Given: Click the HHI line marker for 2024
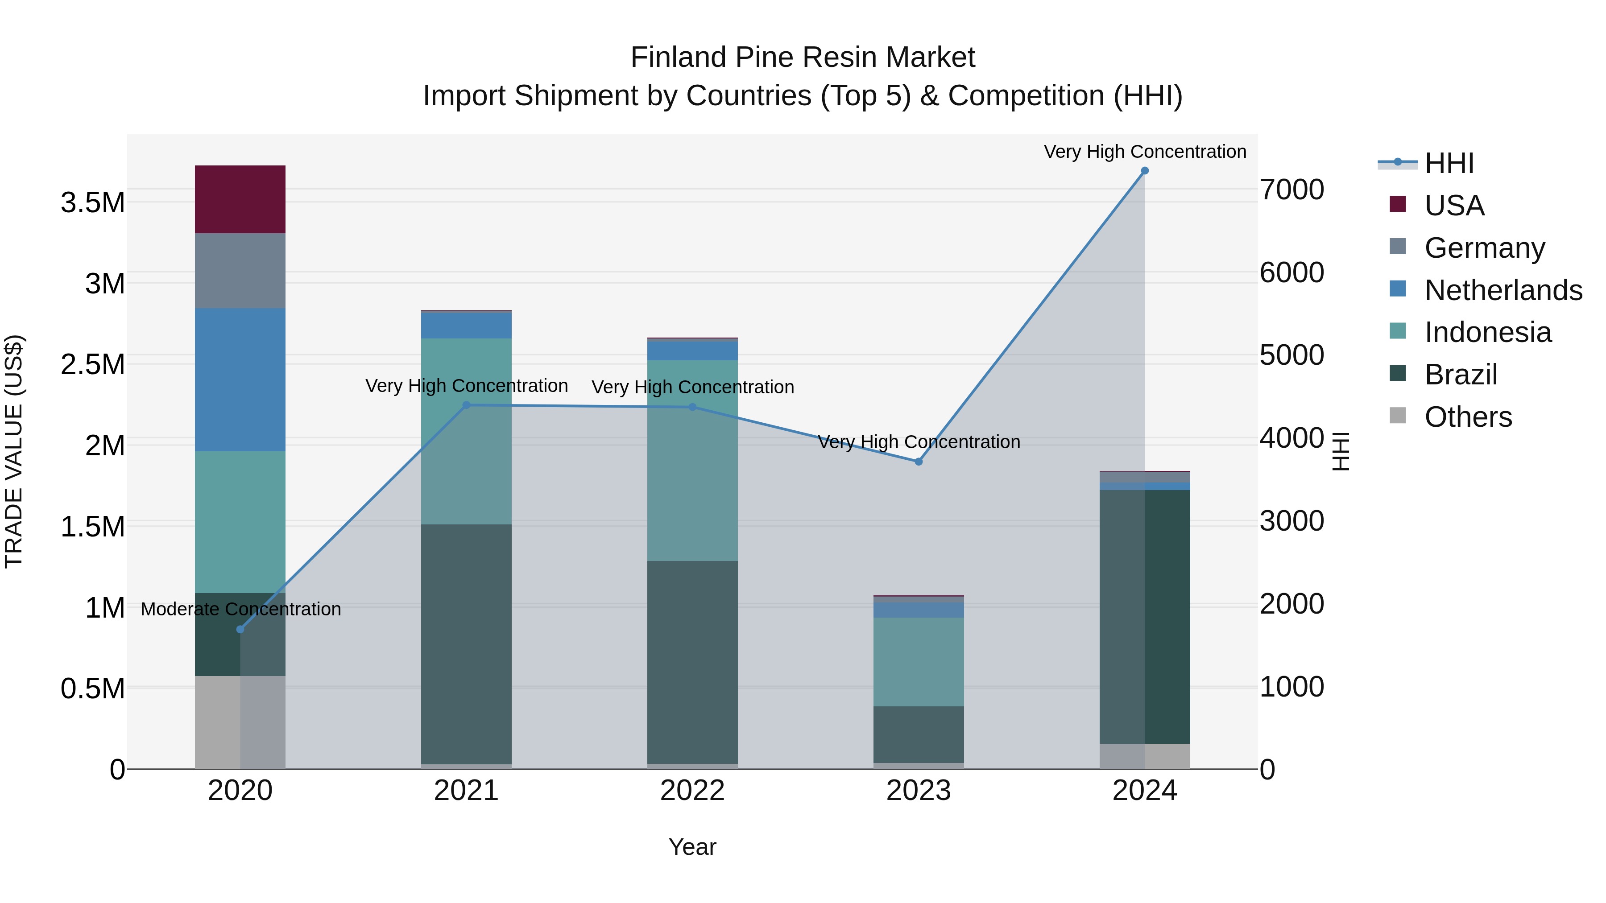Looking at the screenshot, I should (x=1145, y=171).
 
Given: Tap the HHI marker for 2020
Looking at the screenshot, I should (x=240, y=629).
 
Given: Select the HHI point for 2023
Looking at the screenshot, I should (x=919, y=462).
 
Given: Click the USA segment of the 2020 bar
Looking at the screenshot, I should (x=240, y=199).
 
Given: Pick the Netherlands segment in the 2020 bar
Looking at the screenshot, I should (x=240, y=379).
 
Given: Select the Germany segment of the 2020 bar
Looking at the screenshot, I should (x=240, y=271).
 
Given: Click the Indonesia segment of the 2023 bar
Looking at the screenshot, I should (x=919, y=661).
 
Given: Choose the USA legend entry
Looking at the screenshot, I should (x=1454, y=206).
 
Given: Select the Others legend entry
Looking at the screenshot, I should (x=1468, y=417).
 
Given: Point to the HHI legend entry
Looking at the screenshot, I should (x=1449, y=163).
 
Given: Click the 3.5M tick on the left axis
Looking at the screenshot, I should (x=92, y=203).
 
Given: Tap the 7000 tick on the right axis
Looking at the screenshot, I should (x=1292, y=190).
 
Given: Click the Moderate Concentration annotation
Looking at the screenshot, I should (x=240, y=609).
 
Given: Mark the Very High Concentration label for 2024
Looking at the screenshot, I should (x=1145, y=152).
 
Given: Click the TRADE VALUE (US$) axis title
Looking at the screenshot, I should (x=14, y=451).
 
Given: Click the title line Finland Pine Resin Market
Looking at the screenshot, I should (x=803, y=58).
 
